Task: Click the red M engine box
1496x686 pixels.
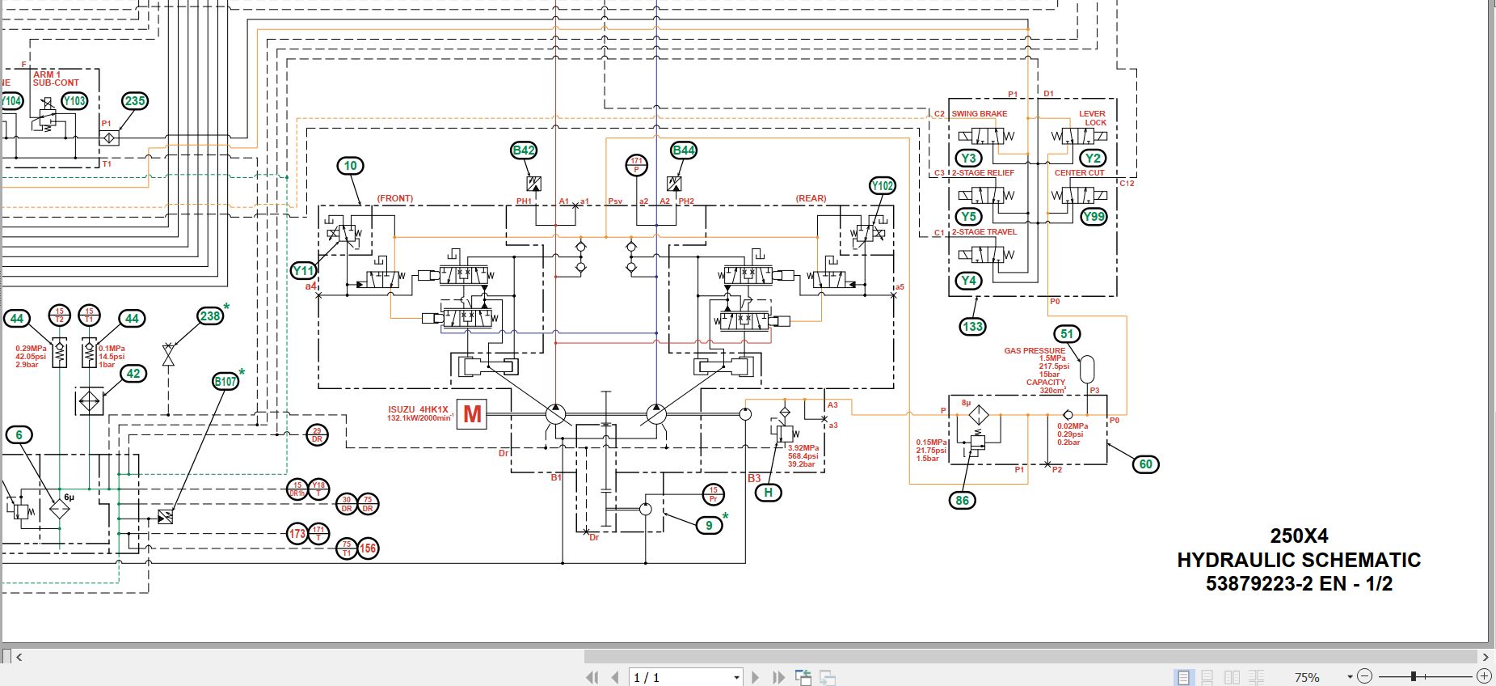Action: point(472,414)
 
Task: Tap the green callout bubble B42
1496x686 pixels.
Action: point(524,150)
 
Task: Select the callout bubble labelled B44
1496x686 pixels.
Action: point(684,150)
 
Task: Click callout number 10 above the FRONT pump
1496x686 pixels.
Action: point(350,166)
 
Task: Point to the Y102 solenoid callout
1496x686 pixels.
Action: point(883,186)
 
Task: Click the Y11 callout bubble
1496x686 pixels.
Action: point(304,271)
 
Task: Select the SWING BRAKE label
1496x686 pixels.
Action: point(979,114)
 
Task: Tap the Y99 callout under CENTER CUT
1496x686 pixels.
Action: point(1094,216)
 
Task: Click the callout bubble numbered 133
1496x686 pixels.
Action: point(972,327)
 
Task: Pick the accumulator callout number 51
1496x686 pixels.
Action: point(1068,334)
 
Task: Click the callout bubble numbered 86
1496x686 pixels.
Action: point(962,501)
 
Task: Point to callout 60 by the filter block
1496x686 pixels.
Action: point(1145,464)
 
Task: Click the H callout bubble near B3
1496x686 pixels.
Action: point(768,492)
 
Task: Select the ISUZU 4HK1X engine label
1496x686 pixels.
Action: point(418,409)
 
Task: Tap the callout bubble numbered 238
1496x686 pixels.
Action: point(210,316)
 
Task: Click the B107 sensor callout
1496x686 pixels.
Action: point(226,381)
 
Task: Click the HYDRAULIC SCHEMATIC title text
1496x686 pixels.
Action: point(1298,560)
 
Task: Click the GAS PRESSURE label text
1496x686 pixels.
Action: point(1035,351)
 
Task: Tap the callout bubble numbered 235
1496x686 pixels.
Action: point(135,101)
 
